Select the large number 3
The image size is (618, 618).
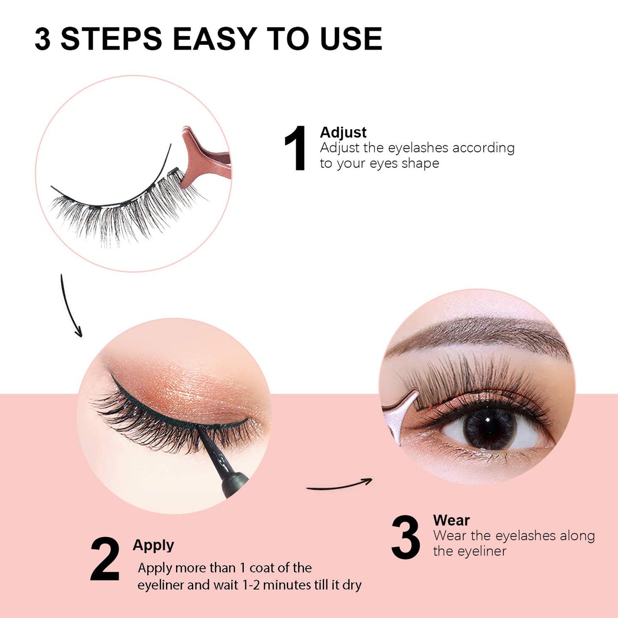(x=405, y=537)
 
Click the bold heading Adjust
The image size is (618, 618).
(x=343, y=133)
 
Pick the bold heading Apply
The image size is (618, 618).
(x=153, y=545)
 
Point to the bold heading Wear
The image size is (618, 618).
(x=451, y=520)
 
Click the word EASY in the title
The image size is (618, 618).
(x=214, y=39)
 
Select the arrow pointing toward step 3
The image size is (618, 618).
(x=340, y=485)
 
